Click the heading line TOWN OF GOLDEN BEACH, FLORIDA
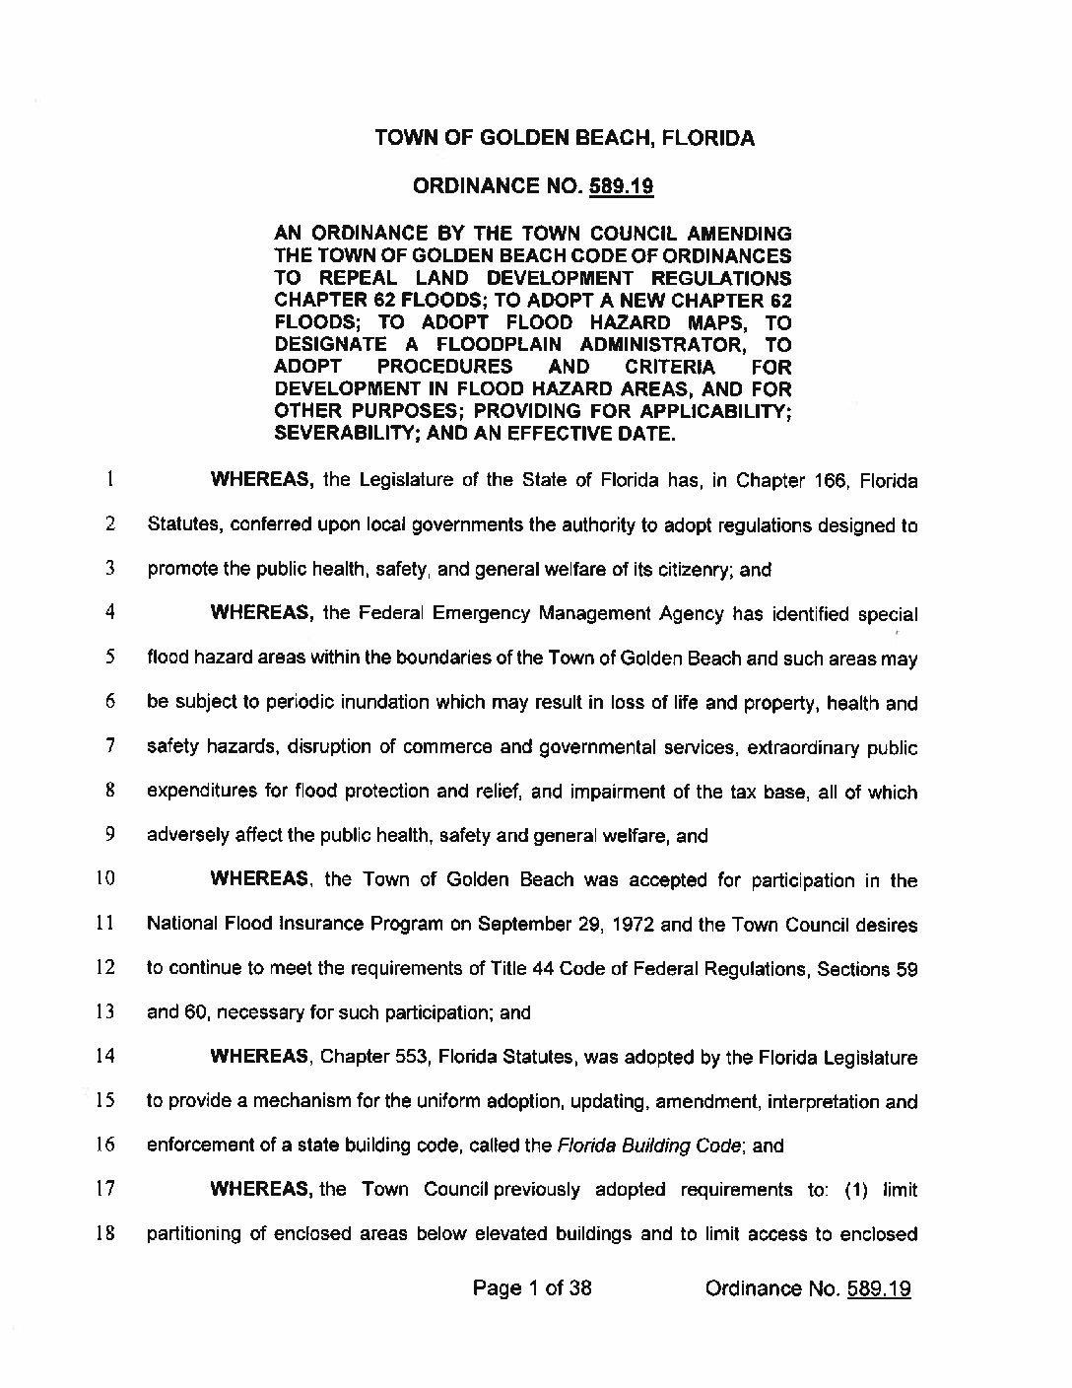565,138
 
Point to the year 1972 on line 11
634,925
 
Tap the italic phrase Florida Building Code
650,1145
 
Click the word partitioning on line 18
194,1234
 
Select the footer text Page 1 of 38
532,1287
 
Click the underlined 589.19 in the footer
878,1288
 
